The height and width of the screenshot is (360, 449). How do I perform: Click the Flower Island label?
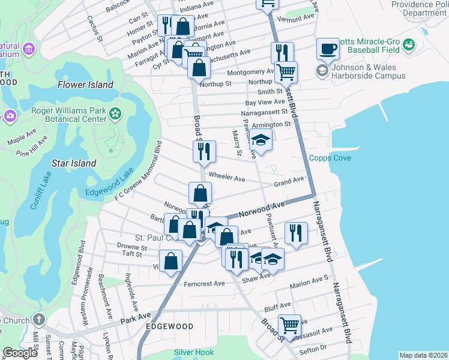85,85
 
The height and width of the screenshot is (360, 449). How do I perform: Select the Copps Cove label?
330,158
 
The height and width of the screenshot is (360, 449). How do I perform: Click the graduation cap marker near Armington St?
261,141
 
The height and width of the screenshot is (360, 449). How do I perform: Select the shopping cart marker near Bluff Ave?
289,325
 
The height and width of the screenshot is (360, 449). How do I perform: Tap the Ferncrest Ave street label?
204,284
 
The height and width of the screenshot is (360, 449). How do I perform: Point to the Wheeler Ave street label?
226,178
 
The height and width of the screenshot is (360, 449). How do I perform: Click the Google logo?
20,352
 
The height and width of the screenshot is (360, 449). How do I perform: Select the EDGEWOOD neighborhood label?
169,326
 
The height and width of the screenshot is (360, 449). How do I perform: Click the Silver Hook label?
194,352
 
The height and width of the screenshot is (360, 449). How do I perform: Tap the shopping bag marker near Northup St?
199,67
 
